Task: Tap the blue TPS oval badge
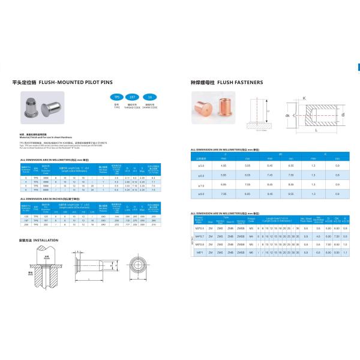(118, 97)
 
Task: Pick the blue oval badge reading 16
(151, 97)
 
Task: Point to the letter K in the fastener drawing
(304, 98)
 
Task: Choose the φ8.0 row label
(202, 194)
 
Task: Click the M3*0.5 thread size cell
(200, 229)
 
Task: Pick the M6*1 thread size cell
(200, 254)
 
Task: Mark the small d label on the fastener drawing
(343, 114)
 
